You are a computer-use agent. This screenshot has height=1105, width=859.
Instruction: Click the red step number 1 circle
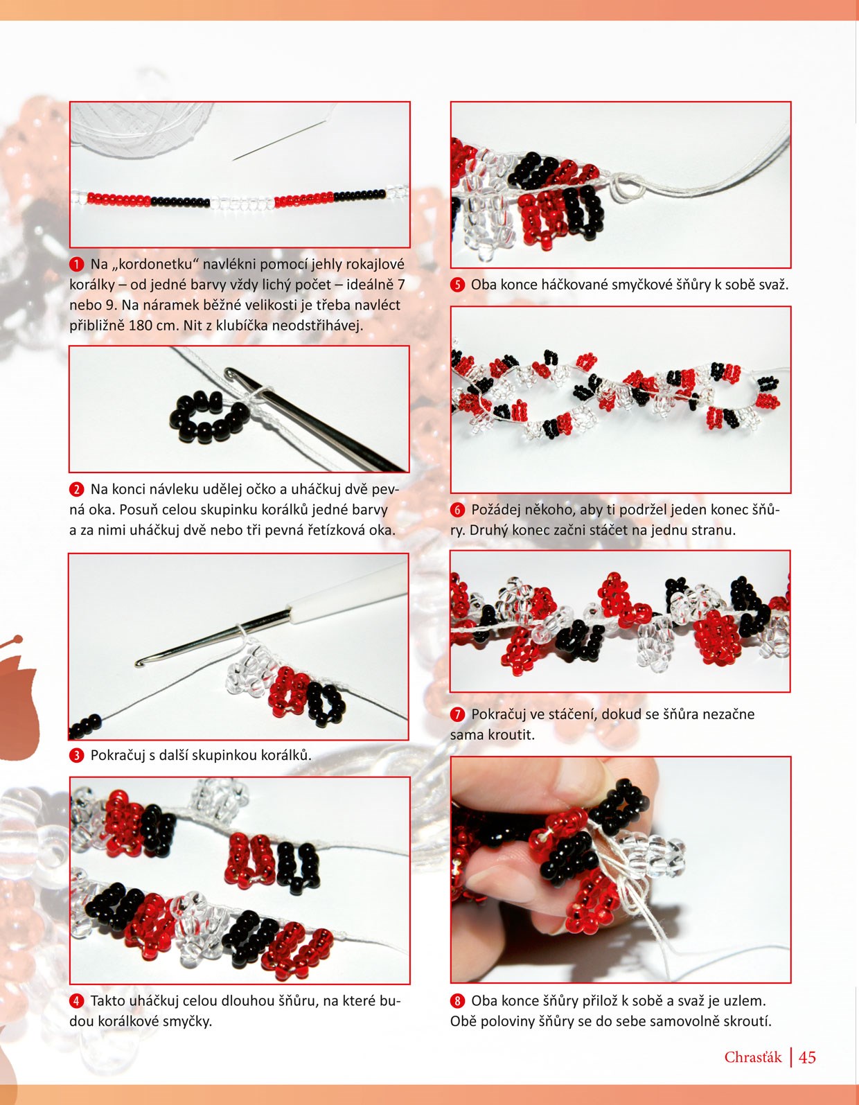click(76, 265)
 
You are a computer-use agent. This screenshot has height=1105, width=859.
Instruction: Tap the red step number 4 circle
click(76, 1001)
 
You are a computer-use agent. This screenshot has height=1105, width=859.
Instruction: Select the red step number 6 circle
click(457, 509)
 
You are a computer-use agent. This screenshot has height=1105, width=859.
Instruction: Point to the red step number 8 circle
click(457, 1001)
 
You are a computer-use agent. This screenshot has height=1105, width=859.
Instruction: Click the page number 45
click(807, 1057)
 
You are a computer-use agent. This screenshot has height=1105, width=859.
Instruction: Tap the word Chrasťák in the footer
click(753, 1057)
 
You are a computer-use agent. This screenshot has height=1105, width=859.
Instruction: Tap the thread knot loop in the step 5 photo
click(627, 189)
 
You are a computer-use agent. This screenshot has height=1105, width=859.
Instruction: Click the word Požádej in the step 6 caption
click(497, 509)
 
